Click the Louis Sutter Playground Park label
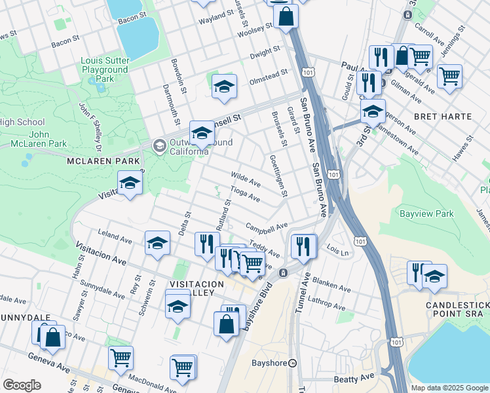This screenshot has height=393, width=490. tap(104, 69)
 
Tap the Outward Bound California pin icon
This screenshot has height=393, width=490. tap(159, 145)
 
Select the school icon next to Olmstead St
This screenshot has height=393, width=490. tap(224, 87)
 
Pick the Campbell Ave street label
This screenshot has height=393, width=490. tap(267, 227)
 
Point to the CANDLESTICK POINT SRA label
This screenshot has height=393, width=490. tap(457, 310)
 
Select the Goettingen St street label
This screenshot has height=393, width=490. tap(278, 175)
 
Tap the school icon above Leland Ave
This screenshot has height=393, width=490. tap(157, 243)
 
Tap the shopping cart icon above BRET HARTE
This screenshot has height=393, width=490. tap(449, 75)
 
